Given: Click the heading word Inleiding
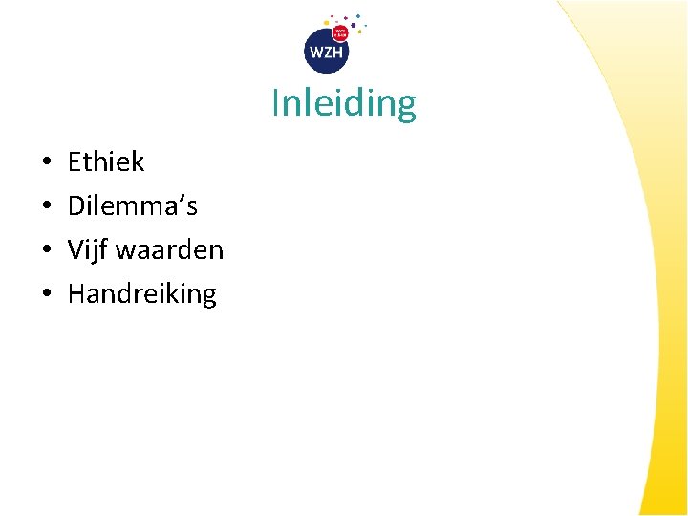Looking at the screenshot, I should pos(344,103).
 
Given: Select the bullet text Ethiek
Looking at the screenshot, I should pos(106,161).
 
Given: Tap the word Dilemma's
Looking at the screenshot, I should pos(133,205).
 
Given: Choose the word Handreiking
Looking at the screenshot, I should pos(142,293).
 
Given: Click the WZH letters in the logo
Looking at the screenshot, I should pos(326,53).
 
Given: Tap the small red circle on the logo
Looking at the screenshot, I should pos(340,33).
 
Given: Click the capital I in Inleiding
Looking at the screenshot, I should pos(276,103).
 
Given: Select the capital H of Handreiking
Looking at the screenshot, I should pos(76,293).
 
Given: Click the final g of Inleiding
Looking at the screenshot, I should pos(407,107).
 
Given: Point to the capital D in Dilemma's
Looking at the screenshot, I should pos(76,205).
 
